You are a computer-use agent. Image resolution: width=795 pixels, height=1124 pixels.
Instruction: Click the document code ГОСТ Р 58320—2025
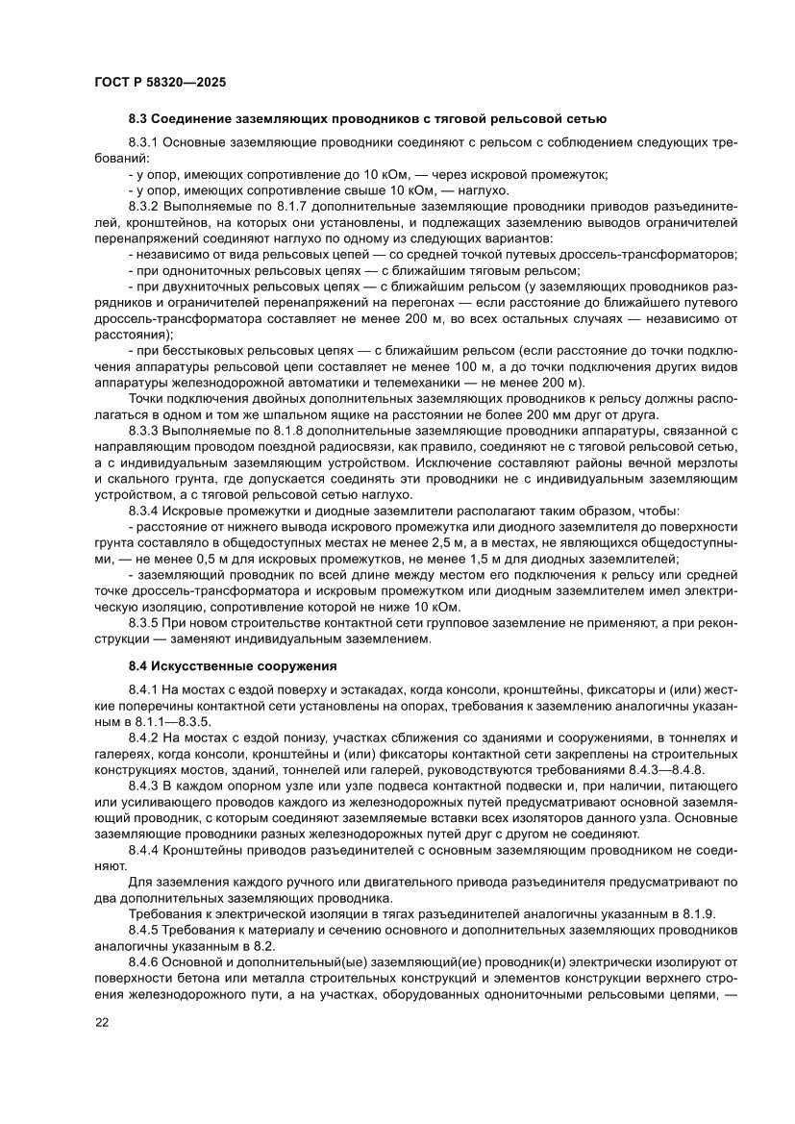click(x=161, y=83)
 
